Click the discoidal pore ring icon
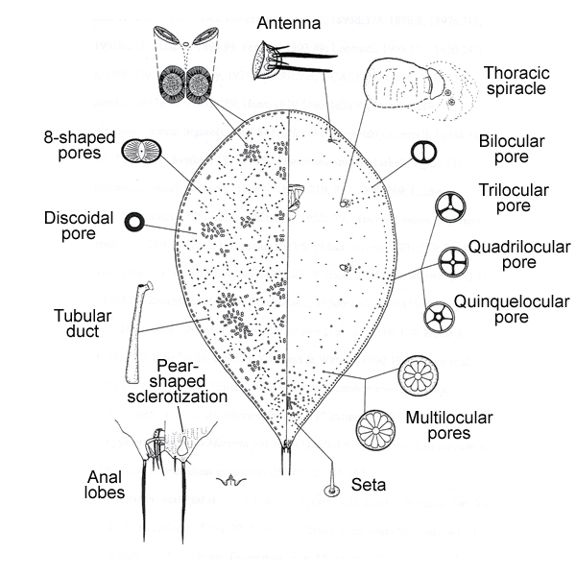coord(134,223)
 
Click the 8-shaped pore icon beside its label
coord(141,151)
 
